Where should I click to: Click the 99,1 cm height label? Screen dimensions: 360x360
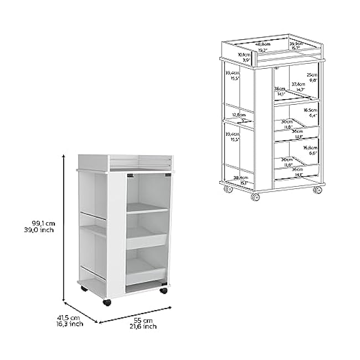tap(43, 223)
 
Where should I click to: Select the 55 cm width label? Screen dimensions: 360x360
tap(146, 320)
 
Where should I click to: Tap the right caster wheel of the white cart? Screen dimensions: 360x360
tap(164, 290)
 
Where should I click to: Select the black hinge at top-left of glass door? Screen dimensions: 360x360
tap(130, 176)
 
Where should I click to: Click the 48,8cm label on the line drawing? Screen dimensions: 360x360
tap(263, 44)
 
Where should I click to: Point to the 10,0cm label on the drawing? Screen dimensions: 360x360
tap(244, 55)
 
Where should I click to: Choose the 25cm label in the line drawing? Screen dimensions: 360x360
tap(312, 74)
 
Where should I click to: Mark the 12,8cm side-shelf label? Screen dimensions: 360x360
tap(239, 115)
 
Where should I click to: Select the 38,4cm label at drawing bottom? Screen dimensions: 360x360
tap(240, 178)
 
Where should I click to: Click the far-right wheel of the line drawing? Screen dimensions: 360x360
tap(317, 190)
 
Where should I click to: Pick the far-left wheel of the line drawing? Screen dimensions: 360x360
tap(228, 189)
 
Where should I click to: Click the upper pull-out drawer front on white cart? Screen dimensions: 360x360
tap(146, 240)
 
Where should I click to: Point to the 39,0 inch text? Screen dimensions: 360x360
tap(43, 230)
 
